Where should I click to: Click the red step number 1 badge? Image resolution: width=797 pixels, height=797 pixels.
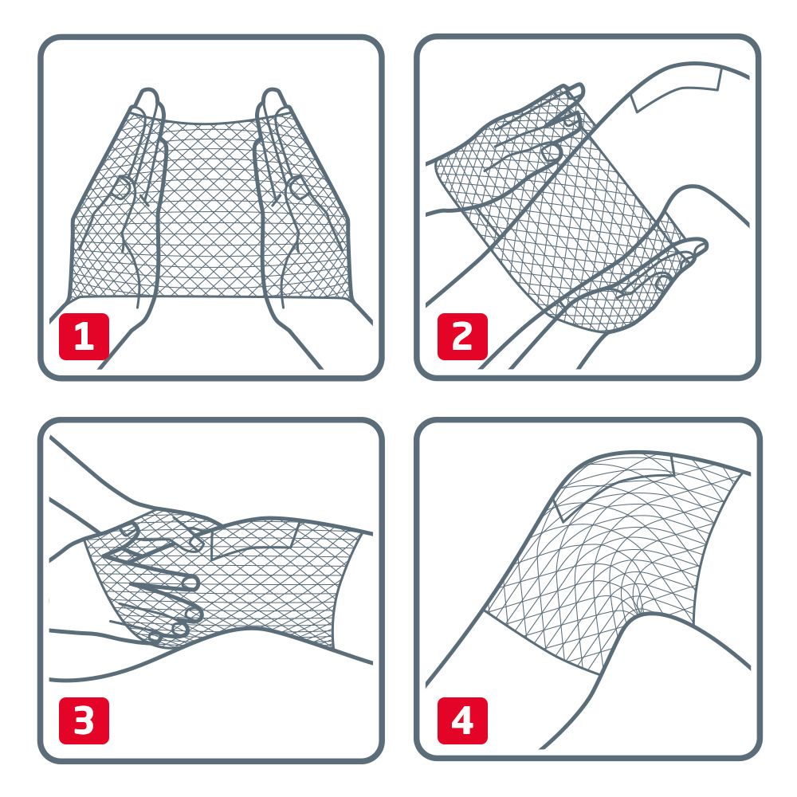coord(84,337)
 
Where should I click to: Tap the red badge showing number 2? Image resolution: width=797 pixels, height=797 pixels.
coord(461,337)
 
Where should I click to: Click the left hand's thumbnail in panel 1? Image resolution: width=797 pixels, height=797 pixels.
coord(121,188)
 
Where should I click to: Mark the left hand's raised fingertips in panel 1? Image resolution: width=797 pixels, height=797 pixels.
coord(147,100)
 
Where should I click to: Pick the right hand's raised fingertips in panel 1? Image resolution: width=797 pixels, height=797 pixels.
coord(273,100)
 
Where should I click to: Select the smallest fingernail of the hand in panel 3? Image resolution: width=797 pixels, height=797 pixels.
coord(156,637)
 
